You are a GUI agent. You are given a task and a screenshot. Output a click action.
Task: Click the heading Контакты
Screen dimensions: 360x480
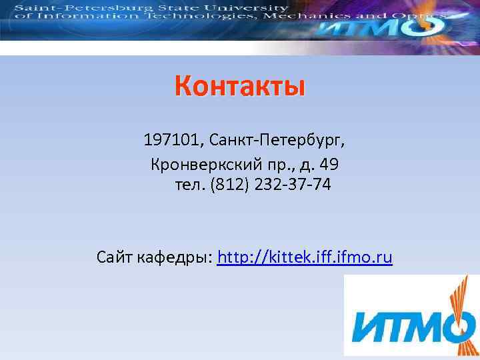[x=239, y=87]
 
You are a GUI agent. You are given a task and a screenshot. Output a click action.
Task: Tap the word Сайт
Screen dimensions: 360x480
[x=115, y=257]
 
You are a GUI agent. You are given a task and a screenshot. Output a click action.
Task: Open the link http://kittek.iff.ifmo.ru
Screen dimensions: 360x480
[x=305, y=257]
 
